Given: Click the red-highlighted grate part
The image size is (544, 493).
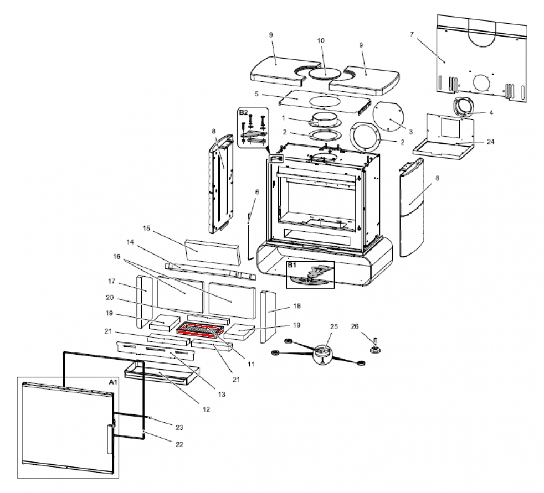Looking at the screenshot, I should click(x=200, y=331).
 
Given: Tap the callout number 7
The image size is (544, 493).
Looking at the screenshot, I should click(x=412, y=34).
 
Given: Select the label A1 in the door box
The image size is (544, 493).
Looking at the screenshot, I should click(x=111, y=382).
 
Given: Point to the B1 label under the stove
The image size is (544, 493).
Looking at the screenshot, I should click(x=291, y=266).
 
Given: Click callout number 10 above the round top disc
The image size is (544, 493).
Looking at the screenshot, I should click(x=320, y=41).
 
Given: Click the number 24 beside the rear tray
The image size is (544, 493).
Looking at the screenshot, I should click(x=491, y=142).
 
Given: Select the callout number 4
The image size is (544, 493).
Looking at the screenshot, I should click(x=490, y=112).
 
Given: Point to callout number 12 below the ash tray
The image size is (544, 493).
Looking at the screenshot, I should click(x=206, y=409).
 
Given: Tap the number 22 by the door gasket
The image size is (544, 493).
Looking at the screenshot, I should click(x=179, y=444).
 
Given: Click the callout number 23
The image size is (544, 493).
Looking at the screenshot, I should click(x=179, y=427).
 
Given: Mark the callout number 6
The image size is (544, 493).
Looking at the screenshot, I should click(x=256, y=192).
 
